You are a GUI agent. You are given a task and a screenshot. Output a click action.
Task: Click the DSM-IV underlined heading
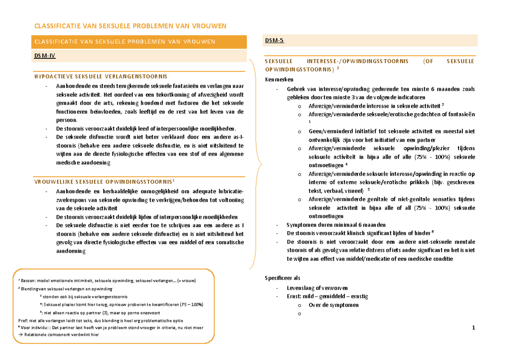pos(44,55)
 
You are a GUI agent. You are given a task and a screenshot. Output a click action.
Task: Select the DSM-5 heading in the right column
pos(274,41)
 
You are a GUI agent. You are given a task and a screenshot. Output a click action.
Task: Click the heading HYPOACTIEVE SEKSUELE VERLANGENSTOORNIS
pos(101,76)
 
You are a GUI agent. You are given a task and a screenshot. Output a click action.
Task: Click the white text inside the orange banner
pos(125,42)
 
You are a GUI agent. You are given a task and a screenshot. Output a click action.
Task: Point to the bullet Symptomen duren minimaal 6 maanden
pos(336,225)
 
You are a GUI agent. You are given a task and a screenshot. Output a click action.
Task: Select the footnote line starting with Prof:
pos(101,321)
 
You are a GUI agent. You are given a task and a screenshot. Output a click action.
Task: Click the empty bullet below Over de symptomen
pos(299,314)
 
